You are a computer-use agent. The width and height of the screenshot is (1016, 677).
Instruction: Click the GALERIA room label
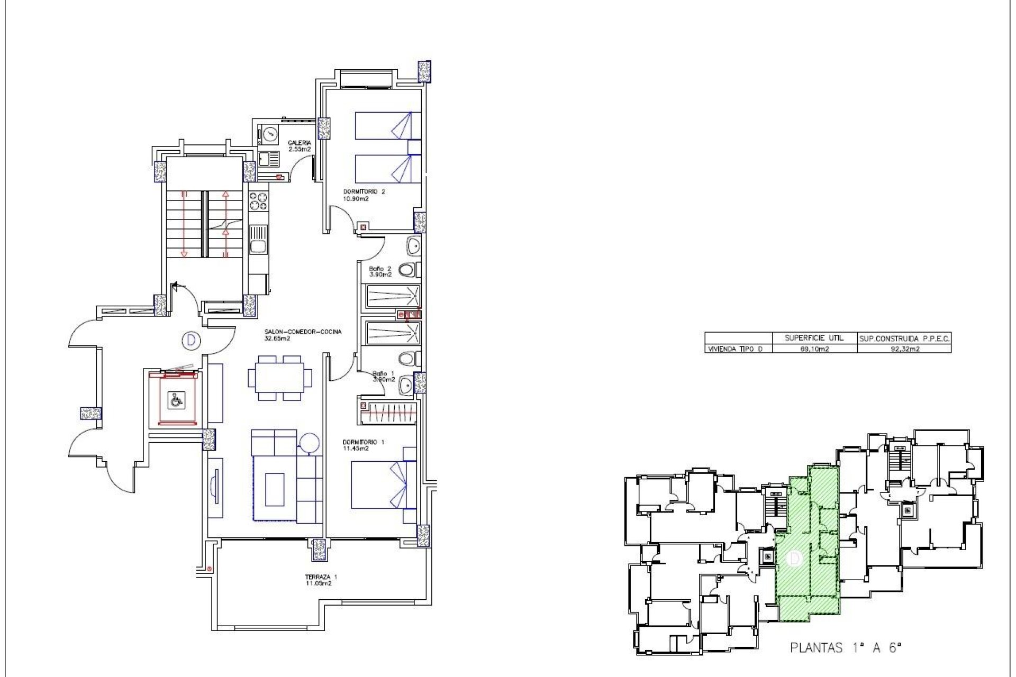tap(299, 146)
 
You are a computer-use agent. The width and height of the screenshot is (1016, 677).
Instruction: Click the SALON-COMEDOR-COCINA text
tap(303, 334)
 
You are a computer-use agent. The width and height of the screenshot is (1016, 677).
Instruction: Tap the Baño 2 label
tap(380, 271)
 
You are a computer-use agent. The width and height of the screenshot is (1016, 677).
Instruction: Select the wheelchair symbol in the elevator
tap(176, 400)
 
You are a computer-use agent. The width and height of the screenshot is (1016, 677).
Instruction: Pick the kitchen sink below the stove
tap(259, 240)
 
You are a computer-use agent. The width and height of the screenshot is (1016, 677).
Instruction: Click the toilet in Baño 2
tap(408, 270)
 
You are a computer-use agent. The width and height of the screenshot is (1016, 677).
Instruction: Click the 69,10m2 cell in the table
tap(814, 349)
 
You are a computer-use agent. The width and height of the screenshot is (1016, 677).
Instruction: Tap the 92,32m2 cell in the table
tap(904, 349)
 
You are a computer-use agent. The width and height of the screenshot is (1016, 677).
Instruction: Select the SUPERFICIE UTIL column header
tap(814, 338)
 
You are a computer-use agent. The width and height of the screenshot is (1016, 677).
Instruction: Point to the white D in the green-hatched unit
tap(794, 559)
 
